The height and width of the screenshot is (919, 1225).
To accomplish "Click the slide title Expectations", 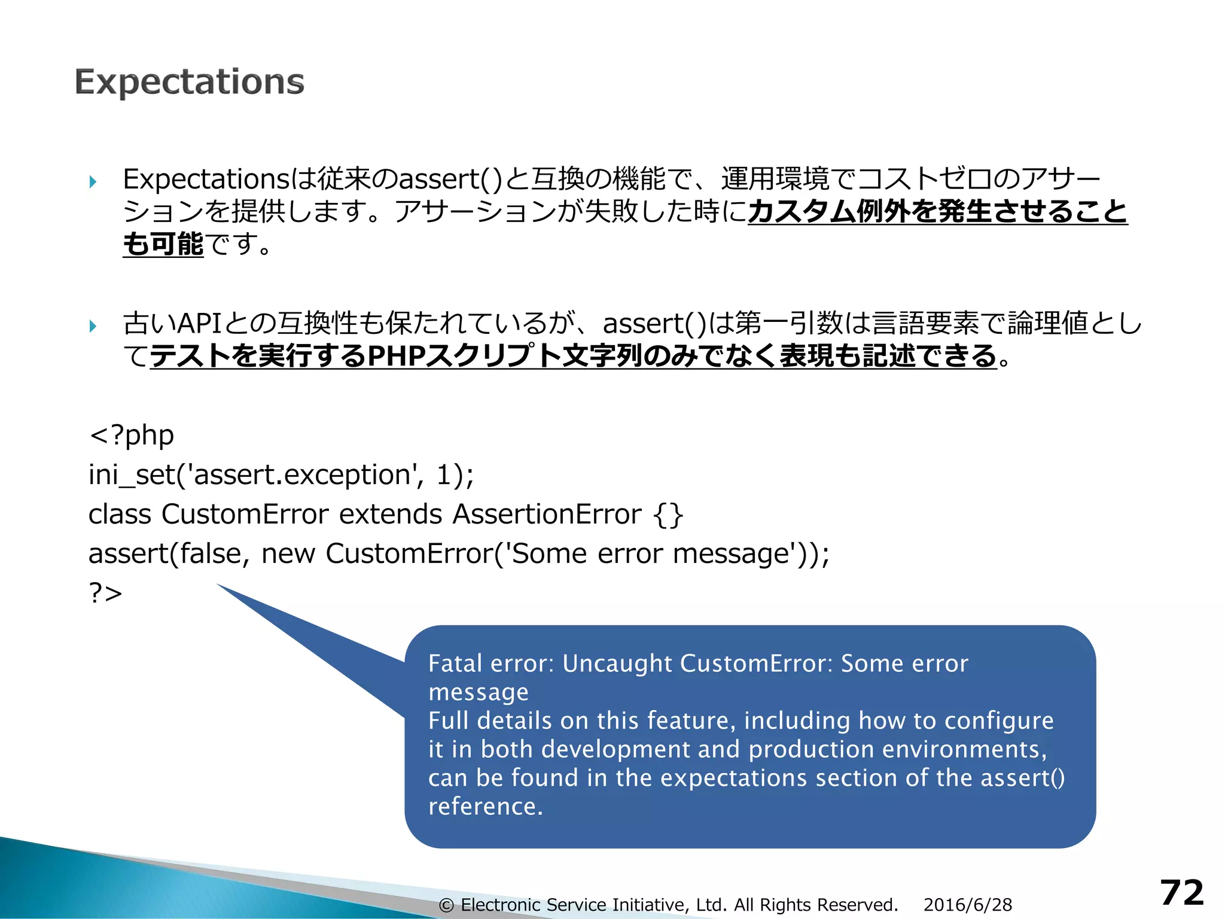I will click(x=189, y=82).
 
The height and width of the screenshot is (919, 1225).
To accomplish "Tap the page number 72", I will click(x=1181, y=893).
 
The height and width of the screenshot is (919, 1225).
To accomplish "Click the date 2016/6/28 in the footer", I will click(x=967, y=905).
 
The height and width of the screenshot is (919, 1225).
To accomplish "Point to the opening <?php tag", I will click(x=132, y=435).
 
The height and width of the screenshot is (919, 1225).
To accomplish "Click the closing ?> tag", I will click(x=105, y=593).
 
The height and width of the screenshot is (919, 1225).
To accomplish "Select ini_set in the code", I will click(x=132, y=475).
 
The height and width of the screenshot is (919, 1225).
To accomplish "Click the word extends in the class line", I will click(x=391, y=514).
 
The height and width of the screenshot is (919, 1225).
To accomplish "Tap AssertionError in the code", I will click(x=547, y=514).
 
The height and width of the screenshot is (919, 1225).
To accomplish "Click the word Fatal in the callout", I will click(x=455, y=664).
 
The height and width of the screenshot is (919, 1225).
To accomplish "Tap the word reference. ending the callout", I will click(x=485, y=807).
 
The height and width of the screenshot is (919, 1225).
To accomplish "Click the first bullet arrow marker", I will click(x=93, y=181).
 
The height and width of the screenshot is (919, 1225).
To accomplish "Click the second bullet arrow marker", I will click(x=93, y=326).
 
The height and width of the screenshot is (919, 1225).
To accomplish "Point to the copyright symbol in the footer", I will click(x=446, y=905).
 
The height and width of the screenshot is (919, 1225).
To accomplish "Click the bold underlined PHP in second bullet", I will click(x=395, y=357).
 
